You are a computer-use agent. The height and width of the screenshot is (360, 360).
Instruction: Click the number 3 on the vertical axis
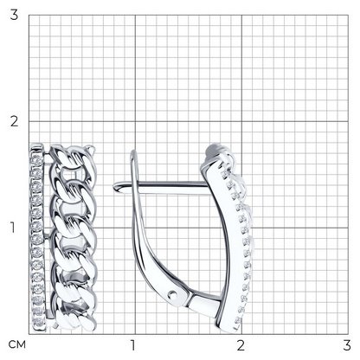click(14, 15)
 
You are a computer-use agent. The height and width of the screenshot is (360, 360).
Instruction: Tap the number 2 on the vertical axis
click(14, 121)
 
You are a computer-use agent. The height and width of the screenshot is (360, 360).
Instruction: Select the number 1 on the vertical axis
click(13, 228)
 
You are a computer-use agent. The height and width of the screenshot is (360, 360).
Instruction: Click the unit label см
click(16, 344)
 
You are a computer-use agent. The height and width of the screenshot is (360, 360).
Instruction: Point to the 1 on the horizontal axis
click(133, 345)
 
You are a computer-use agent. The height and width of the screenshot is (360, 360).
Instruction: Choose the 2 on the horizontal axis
click(241, 345)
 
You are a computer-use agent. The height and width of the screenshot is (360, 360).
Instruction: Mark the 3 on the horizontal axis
click(347, 345)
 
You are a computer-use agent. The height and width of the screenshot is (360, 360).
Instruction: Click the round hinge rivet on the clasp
click(173, 294)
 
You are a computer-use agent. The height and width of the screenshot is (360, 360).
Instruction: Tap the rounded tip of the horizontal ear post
click(116, 187)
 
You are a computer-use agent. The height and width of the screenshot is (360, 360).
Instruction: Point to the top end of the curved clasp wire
click(133, 151)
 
